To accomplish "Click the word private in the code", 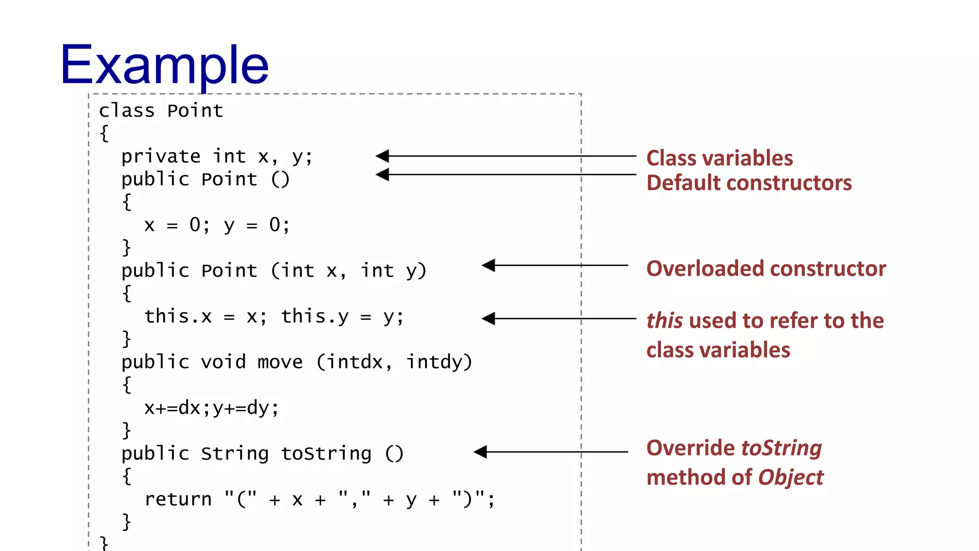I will [161, 157].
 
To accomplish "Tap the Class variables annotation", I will [719, 158].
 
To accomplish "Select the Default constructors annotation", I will [749, 183].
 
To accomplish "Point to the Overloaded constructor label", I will [766, 269].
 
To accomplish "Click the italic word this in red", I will [664, 321].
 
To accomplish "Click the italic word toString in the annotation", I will [781, 448].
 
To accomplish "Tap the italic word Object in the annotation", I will [791, 478].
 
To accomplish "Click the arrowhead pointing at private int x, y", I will [382, 156].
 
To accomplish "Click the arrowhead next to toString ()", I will [480, 452].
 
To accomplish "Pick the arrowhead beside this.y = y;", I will [489, 319].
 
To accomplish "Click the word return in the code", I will [178, 499].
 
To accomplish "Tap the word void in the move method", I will [223, 362].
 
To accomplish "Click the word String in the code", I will [235, 453].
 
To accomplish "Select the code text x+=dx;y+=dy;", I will [211, 408].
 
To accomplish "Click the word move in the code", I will [280, 362].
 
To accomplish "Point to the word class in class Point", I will [127, 111].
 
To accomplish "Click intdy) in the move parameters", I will [439, 362].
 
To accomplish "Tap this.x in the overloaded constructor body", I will [178, 317].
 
